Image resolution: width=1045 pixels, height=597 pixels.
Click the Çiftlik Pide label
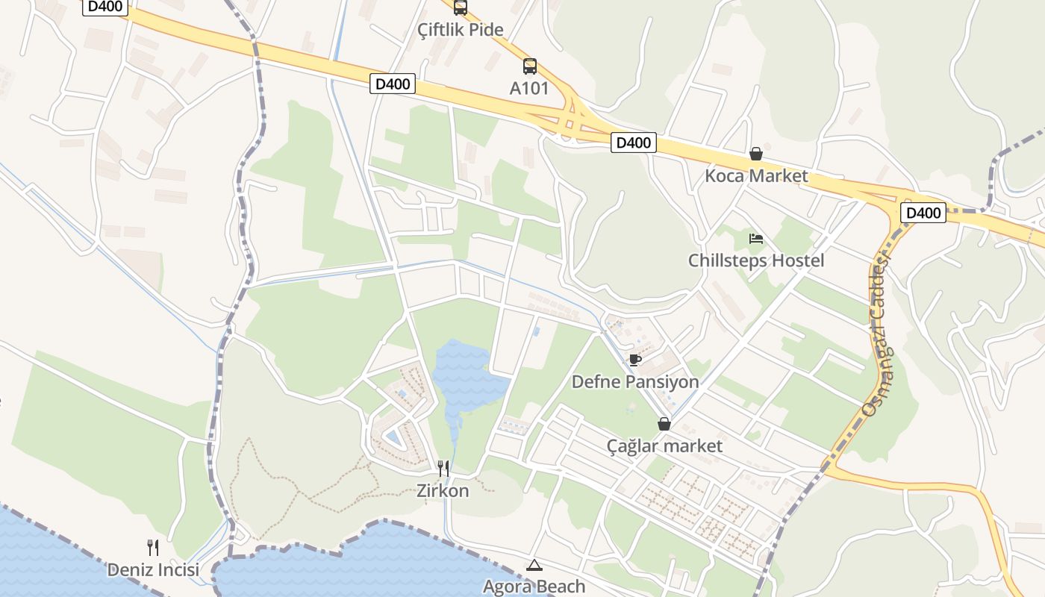[461, 30]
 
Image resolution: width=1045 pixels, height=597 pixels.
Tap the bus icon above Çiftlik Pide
[461, 7]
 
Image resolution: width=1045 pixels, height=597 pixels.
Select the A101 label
[529, 88]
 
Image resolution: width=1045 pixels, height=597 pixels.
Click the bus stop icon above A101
[530, 66]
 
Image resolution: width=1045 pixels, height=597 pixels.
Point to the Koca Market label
[756, 176]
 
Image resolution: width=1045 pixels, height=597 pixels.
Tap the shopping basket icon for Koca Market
[756, 154]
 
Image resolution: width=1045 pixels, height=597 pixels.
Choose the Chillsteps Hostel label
[756, 260]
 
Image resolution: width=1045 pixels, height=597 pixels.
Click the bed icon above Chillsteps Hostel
[756, 239]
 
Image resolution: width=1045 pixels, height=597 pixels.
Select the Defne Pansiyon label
[635, 382]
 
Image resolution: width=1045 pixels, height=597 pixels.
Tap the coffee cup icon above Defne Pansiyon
[635, 360]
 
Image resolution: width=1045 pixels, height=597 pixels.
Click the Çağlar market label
[664, 446]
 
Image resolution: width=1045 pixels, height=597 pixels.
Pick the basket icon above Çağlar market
[664, 424]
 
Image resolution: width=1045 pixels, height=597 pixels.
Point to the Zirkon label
[443, 490]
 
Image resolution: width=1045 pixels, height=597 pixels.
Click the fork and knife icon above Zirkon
[443, 469]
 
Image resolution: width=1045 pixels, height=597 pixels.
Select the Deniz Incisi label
[153, 570]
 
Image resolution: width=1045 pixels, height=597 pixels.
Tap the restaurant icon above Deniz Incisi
[153, 548]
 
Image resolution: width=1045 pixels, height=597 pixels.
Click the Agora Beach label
[534, 587]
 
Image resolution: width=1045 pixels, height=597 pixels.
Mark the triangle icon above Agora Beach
[534, 565]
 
